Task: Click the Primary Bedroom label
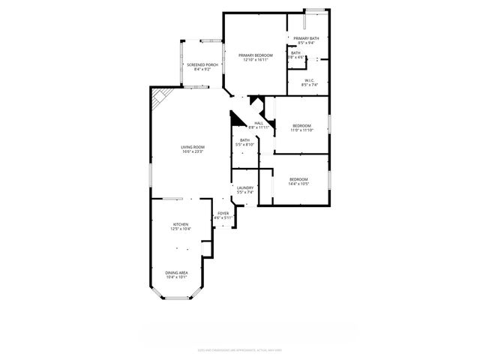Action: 256,55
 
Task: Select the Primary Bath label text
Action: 307,38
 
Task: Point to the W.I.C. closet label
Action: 309,80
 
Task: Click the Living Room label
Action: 193,147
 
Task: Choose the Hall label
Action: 258,123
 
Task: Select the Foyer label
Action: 223,213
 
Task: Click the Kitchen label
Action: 181,224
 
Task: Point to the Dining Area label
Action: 177,273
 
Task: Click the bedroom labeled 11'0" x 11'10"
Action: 301,125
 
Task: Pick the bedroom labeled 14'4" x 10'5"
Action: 298,179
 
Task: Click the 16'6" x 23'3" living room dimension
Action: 193,152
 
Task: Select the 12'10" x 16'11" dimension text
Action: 256,60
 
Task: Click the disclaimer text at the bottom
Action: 239,349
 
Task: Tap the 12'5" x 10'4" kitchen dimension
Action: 181,229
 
